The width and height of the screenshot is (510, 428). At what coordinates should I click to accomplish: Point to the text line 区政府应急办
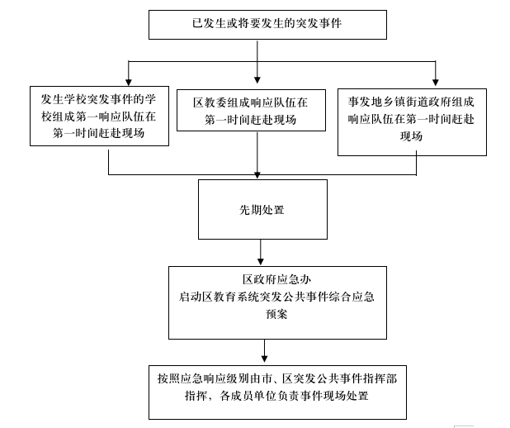pos(276,279)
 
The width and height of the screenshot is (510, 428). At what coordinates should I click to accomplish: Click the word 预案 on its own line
pos(276,314)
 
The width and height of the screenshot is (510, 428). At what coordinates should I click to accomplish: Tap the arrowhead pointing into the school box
pos(129,82)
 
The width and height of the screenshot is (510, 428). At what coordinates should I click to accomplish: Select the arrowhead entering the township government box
pos(436,82)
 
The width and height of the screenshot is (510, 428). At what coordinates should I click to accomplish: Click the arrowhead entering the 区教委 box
pos(257,80)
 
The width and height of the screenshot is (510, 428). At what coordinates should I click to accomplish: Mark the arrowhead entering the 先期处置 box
pos(257,175)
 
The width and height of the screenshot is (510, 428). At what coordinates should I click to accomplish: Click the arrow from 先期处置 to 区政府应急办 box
pos(261,253)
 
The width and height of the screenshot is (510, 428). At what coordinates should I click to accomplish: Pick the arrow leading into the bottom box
pos(264,351)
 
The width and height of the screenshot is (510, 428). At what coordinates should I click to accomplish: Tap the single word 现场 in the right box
pos(412,136)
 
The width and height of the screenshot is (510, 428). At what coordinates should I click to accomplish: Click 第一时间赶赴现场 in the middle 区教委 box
pos(250,120)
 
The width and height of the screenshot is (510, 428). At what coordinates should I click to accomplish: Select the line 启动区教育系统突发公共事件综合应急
pos(276,297)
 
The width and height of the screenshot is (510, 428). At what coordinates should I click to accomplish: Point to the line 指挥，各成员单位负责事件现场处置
pos(276,396)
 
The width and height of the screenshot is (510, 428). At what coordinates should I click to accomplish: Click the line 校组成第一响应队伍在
pos(98,117)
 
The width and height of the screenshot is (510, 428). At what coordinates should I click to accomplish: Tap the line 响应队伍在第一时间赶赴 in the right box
pos(412,119)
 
